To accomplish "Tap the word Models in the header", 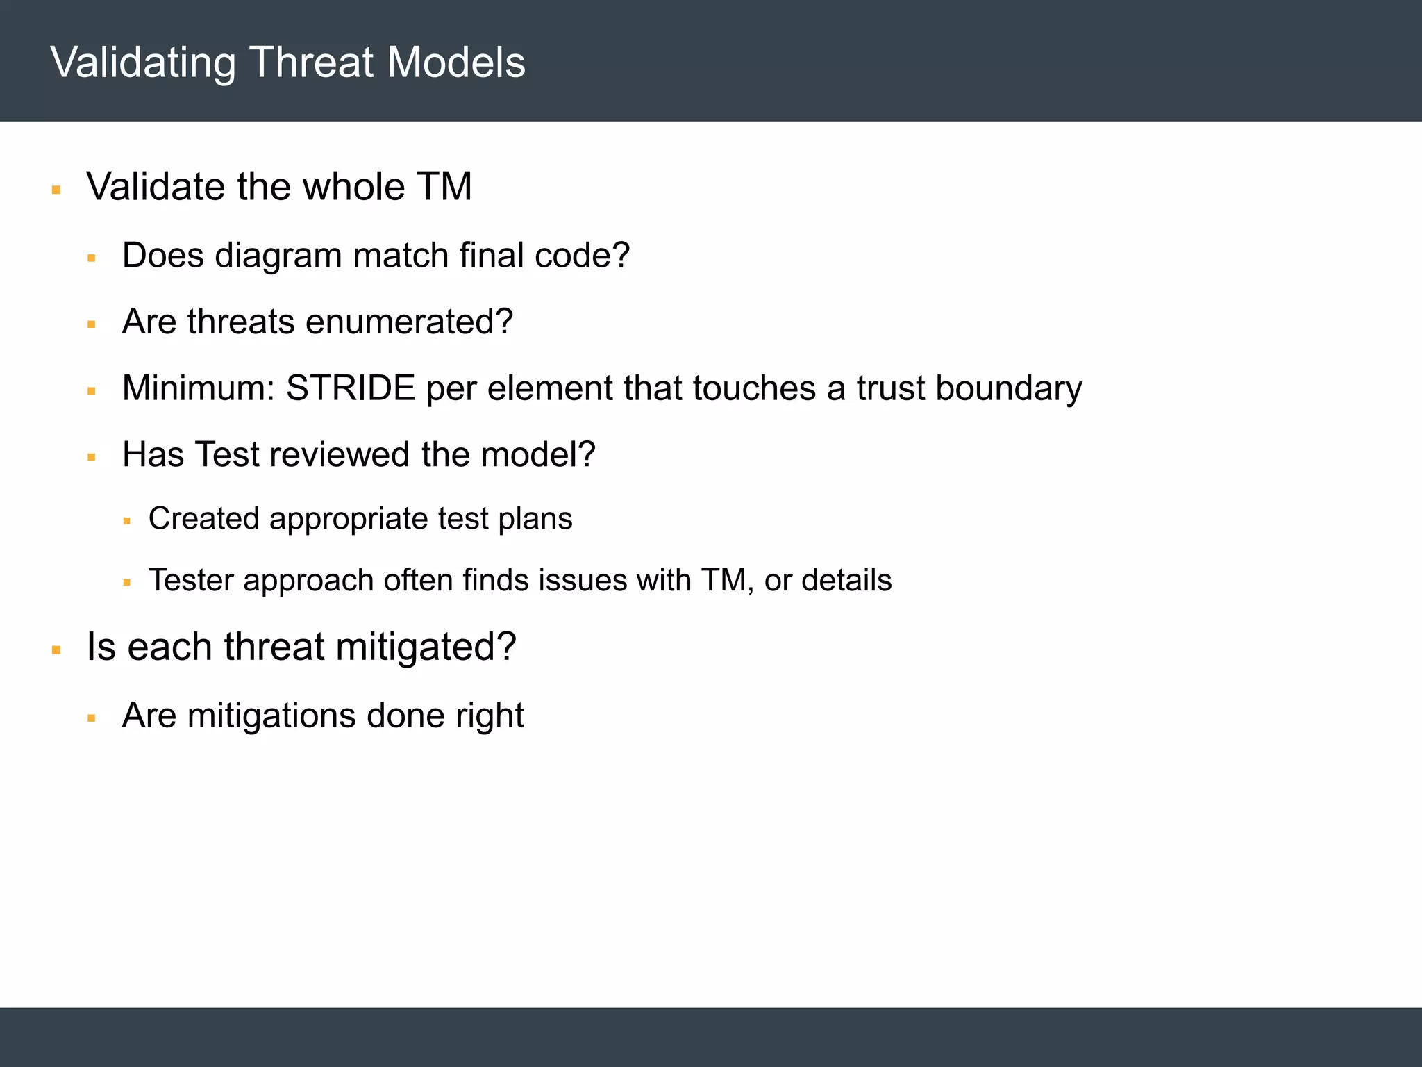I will pyautogui.click(x=456, y=63).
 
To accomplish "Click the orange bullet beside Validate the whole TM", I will pyautogui.click(x=56, y=190).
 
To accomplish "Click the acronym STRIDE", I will pyautogui.click(x=351, y=388).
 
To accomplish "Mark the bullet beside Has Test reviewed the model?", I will pyautogui.click(x=91, y=457).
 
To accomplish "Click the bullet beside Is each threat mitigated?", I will pyautogui.click(x=56, y=651).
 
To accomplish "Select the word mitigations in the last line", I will pyautogui.click(x=271, y=716).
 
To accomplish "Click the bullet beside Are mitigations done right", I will pyautogui.click(x=91, y=718).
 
